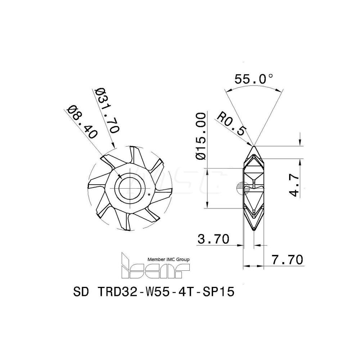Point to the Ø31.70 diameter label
pos(107,111)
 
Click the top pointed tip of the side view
pos(254,146)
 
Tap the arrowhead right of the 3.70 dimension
pos(241,245)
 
